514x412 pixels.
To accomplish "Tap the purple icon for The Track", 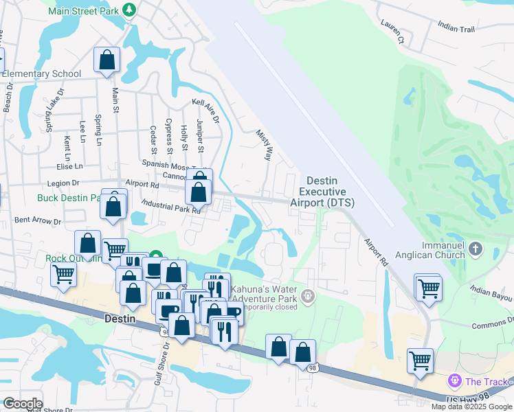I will [454, 380].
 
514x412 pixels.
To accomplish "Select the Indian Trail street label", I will [456, 27].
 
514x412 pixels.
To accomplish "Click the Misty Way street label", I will [265, 144].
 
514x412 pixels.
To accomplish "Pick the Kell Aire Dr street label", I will [205, 111].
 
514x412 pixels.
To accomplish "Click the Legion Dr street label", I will [65, 183].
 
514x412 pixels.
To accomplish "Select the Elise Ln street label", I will [69, 166].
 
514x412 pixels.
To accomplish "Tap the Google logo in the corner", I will [22, 404].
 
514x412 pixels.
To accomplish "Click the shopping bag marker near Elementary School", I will [107, 61].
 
